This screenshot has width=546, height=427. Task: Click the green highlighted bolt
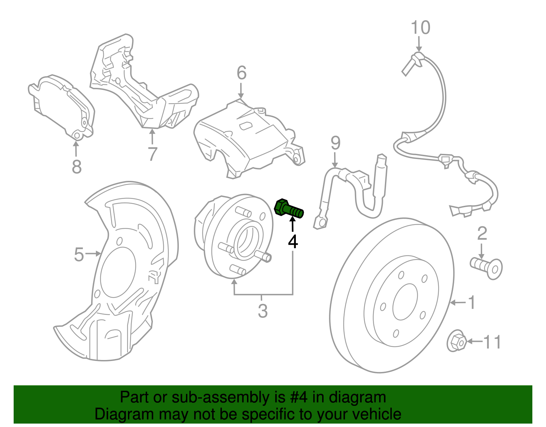point(288,209)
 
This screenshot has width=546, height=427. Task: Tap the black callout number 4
point(293,241)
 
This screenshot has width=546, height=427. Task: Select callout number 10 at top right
point(420,27)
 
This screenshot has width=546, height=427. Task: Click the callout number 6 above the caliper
point(241,73)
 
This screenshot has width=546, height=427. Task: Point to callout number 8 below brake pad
point(77,167)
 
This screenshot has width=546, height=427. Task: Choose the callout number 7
point(152,154)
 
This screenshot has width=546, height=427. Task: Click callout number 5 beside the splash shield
point(79,255)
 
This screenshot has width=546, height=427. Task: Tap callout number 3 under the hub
point(262,311)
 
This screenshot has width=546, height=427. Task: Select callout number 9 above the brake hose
point(335,143)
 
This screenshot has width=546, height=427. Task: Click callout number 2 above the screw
point(482,233)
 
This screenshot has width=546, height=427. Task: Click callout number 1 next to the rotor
point(472,303)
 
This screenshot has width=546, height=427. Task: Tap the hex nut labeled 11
point(456,341)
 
